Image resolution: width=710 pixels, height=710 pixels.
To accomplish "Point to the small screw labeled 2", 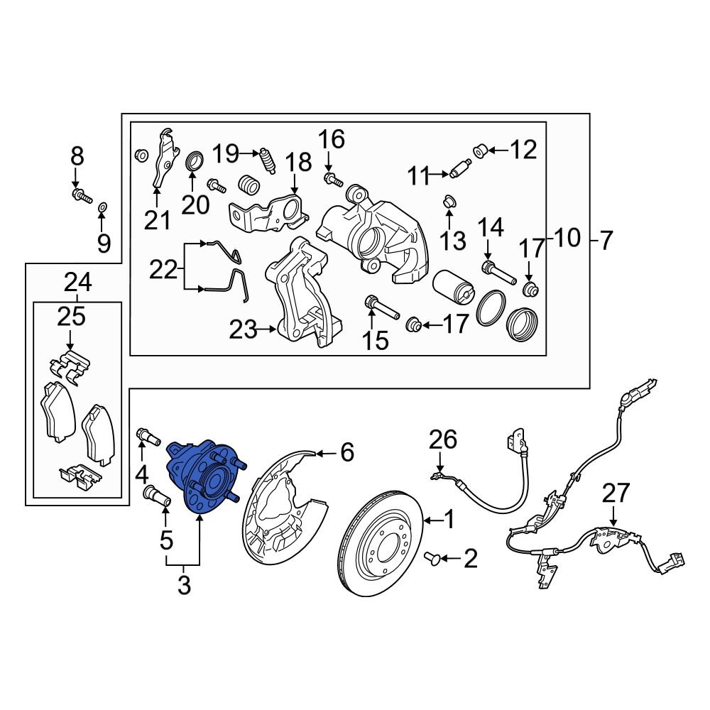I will pyautogui.click(x=432, y=559).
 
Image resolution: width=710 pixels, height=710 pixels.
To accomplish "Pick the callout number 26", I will pyautogui.click(x=443, y=441).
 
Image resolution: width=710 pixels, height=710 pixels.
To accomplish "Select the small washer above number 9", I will pyautogui.click(x=103, y=207).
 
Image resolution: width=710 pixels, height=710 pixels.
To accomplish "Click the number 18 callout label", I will pyautogui.click(x=299, y=163).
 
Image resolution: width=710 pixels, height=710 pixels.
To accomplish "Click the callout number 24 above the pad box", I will pyautogui.click(x=77, y=283).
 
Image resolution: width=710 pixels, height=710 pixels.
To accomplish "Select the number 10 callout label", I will pyautogui.click(x=566, y=238).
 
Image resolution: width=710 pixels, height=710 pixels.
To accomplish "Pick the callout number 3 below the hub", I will pyautogui.click(x=183, y=586).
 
